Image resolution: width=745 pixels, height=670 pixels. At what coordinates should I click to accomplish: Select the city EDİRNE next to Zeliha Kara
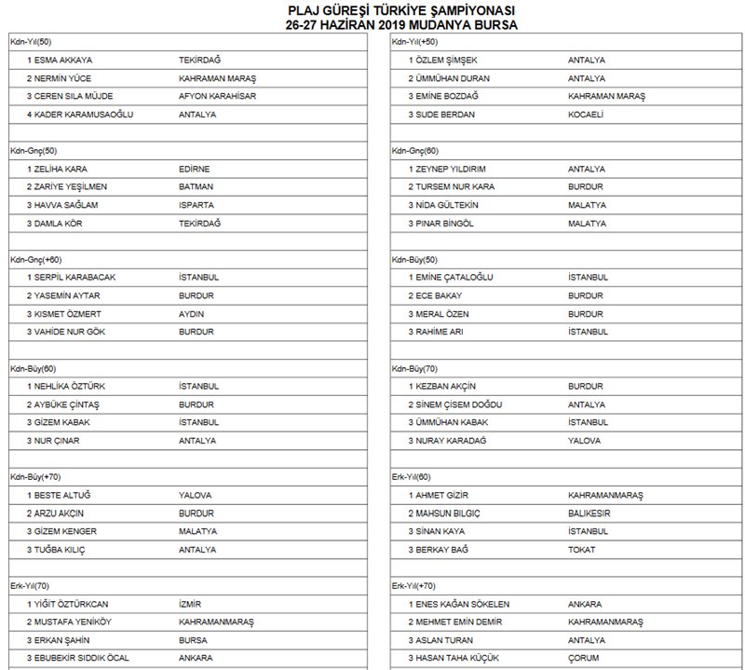(194, 169)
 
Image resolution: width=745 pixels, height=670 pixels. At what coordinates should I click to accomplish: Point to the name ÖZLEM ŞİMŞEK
(448, 60)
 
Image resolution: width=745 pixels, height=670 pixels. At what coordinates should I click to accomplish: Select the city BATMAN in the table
(195, 186)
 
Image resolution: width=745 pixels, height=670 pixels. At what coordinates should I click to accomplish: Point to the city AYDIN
(191, 314)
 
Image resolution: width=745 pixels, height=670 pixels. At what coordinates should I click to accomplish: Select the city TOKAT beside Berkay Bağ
(581, 550)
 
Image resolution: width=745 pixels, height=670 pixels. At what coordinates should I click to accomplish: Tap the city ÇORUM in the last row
(584, 659)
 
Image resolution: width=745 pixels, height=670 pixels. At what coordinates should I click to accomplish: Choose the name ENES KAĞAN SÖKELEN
(466, 604)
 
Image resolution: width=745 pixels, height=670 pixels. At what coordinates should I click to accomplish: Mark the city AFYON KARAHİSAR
(218, 96)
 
